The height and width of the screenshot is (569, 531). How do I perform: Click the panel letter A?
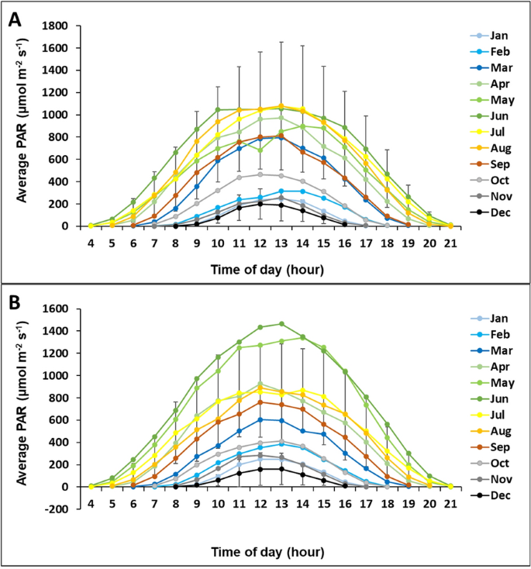click(15, 19)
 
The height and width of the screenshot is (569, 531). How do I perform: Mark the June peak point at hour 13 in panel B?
click(281, 324)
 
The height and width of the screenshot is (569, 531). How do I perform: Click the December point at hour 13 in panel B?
click(281, 469)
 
